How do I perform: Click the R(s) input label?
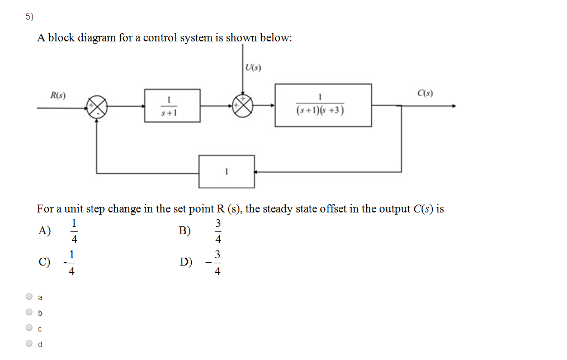click(58, 95)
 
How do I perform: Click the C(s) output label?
click(425, 93)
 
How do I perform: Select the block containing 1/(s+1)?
click(172, 105)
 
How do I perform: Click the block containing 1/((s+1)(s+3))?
click(323, 105)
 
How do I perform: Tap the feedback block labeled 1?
click(226, 172)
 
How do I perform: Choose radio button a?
click(29, 297)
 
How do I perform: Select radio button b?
click(29, 312)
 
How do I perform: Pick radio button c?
click(29, 328)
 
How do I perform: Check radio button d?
click(29, 344)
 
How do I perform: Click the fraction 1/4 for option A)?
click(74, 231)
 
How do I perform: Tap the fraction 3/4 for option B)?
click(218, 231)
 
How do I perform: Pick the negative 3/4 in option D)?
click(215, 262)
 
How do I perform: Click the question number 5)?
click(29, 17)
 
